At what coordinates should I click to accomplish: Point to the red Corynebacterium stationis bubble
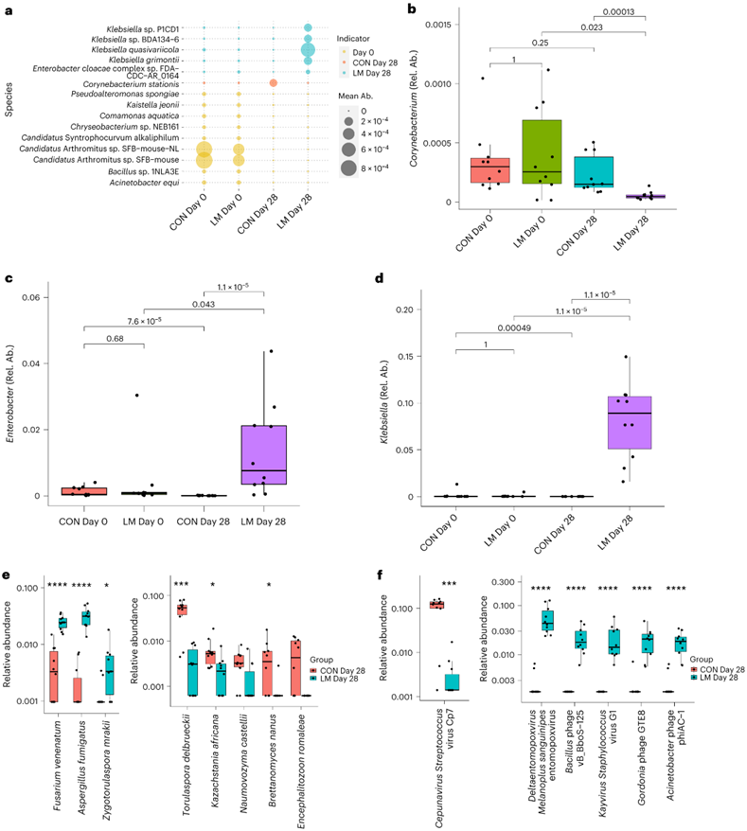pos(273,83)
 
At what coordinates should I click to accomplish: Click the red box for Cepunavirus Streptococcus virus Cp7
pos(437,604)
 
